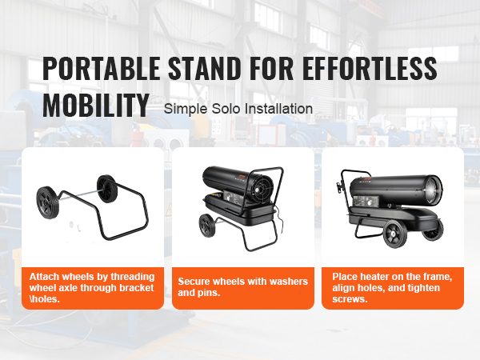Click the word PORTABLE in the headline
[102, 68]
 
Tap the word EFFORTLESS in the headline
[370, 68]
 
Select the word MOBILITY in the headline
[96, 105]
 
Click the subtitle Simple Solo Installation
[238, 109]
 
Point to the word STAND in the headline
[205, 68]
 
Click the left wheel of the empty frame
[48, 202]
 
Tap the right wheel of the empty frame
[107, 189]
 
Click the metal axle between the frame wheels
[78, 196]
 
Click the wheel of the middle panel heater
[207, 226]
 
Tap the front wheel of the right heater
[395, 234]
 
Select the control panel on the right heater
[366, 202]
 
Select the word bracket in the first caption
[137, 288]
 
